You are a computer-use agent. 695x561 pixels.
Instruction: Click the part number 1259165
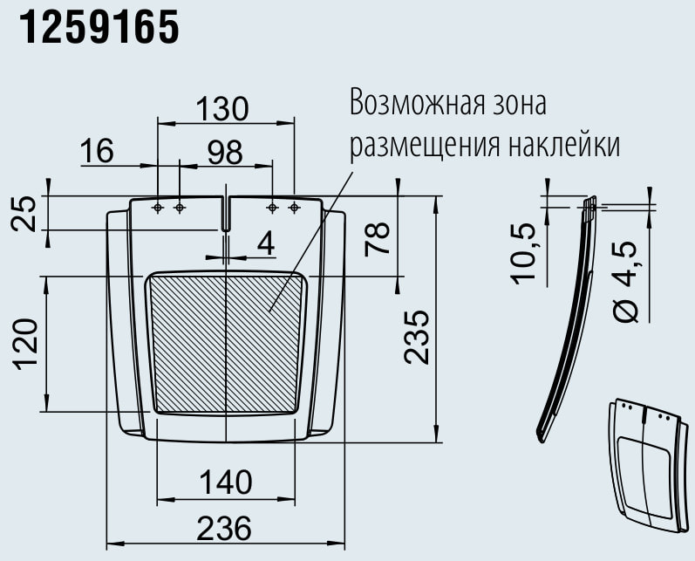[98, 29]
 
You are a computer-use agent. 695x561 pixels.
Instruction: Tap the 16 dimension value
[97, 151]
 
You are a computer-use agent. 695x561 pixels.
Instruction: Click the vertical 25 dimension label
[27, 212]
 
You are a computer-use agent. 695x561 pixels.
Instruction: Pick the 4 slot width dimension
[265, 244]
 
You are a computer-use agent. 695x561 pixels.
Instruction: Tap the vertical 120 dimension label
[25, 344]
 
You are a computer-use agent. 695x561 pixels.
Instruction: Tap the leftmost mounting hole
[158, 208]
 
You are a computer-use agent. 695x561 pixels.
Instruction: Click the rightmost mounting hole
[294, 208]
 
